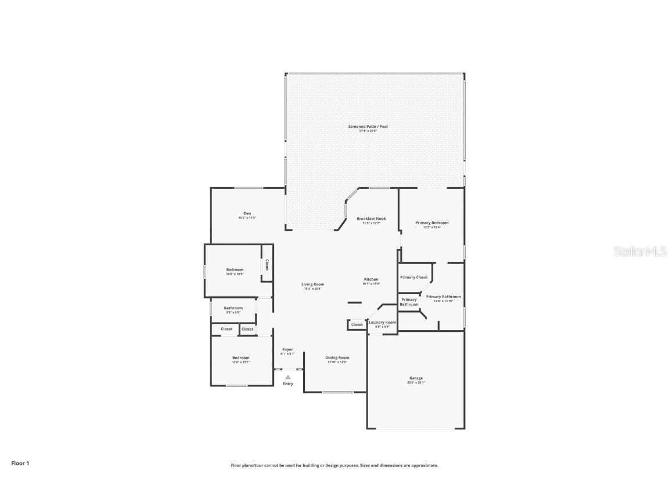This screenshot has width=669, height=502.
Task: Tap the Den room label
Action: [247, 213]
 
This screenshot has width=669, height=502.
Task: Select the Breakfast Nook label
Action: [371, 218]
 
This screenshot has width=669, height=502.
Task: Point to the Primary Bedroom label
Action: [431, 223]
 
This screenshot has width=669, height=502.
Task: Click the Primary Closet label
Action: [413, 277]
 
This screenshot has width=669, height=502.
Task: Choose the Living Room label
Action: [312, 285]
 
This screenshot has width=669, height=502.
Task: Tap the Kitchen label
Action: [371, 279]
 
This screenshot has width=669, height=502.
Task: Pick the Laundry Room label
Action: [382, 322]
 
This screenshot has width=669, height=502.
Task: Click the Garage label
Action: [416, 378]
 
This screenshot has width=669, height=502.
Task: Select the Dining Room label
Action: [337, 357]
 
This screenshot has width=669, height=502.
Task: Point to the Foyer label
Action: [287, 349]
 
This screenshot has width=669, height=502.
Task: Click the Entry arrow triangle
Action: [288, 377]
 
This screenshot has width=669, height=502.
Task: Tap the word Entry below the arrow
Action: [288, 384]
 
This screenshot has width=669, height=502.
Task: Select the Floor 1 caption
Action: [20, 463]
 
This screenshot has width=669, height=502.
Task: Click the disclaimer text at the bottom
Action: [334, 465]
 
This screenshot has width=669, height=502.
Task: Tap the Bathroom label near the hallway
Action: [233, 308]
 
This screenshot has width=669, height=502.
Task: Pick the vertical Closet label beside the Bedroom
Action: [267, 265]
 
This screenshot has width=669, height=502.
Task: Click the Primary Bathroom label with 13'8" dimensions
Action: [443, 296]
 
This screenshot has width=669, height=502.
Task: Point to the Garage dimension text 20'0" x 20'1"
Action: [416, 382]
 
